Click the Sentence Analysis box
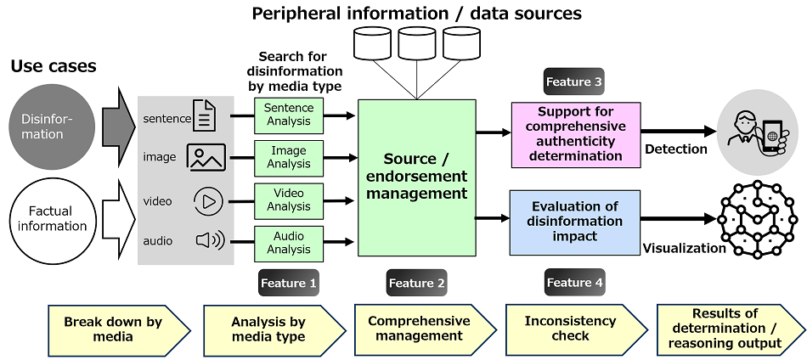pyautogui.click(x=289, y=115)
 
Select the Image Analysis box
pyautogui.click(x=289, y=157)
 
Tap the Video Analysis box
pyautogui.click(x=289, y=200)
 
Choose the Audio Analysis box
pyautogui.click(x=289, y=243)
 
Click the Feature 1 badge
pyautogui.click(x=289, y=283)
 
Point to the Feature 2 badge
pyautogui.click(x=417, y=283)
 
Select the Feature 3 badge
pyautogui.click(x=573, y=82)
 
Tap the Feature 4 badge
pyautogui.click(x=574, y=283)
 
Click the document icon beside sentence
pyautogui.click(x=205, y=115)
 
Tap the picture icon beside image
pyautogui.click(x=206, y=157)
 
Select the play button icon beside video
pyautogui.click(x=207, y=201)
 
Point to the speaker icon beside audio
pyautogui.click(x=209, y=241)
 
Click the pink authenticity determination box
pyautogui.click(x=575, y=133)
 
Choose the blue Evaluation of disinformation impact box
pyautogui.click(x=575, y=222)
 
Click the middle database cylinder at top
pyautogui.click(x=417, y=44)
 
